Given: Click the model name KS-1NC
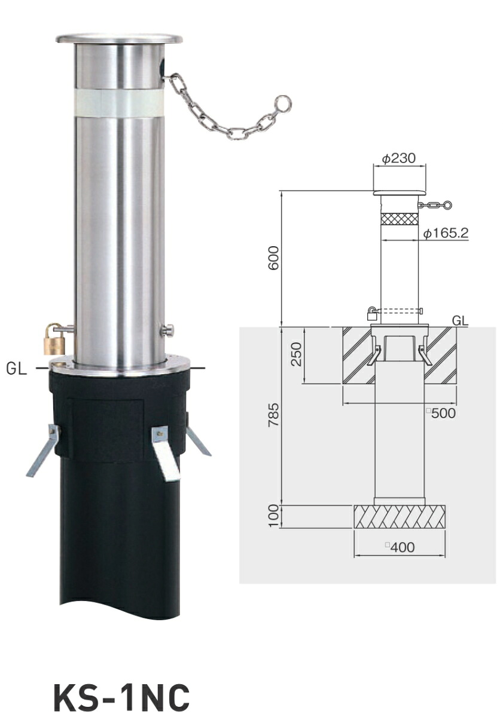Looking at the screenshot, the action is point(122,689).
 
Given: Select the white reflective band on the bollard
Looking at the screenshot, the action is point(119,103).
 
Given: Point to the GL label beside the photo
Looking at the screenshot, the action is point(16,369).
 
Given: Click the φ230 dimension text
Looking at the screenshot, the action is point(399,158).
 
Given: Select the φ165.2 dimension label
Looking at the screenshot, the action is point(446,234).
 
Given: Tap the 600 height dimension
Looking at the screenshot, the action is point(273,258).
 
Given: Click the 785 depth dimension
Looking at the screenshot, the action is point(273,415).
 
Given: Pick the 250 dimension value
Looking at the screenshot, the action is point(296,354).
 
